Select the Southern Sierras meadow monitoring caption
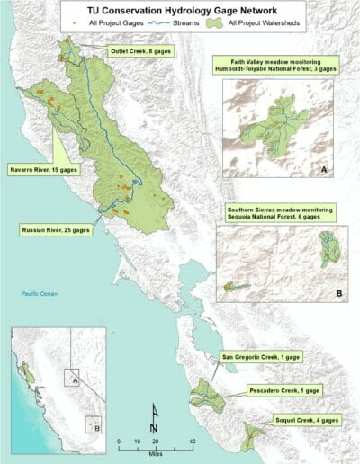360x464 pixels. [280, 212]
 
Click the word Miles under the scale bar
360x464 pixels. [155, 452]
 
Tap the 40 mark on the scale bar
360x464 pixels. [192, 442]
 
